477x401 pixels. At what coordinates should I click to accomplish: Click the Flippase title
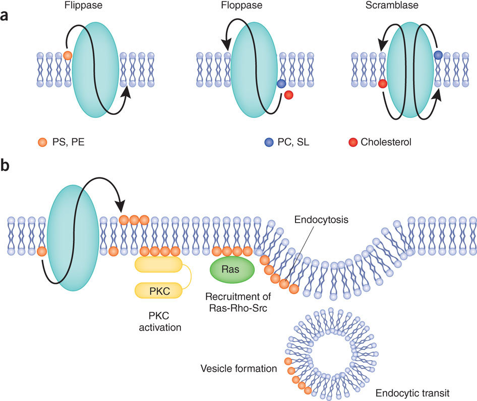tap(83, 5)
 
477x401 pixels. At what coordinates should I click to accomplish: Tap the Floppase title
tap(242, 5)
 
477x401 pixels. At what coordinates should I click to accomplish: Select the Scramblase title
tap(392, 5)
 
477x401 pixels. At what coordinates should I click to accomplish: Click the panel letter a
tap(4, 16)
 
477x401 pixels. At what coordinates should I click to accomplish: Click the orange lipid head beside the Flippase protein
tap(68, 55)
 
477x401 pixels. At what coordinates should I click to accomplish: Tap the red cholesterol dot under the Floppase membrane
tap(289, 95)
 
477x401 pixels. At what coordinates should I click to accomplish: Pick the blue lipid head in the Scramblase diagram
tap(438, 55)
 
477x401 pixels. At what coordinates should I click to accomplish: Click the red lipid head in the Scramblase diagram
tap(382, 84)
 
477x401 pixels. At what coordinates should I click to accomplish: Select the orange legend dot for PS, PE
tap(42, 142)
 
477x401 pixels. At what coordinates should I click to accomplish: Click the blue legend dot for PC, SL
tap(269, 142)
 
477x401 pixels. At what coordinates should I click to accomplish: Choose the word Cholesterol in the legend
tap(386, 142)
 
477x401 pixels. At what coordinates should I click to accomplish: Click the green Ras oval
tap(232, 270)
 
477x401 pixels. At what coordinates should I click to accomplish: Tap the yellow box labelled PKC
tap(158, 290)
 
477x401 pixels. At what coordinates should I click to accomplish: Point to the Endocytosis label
tap(321, 220)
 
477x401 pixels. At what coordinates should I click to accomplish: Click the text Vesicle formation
tap(239, 368)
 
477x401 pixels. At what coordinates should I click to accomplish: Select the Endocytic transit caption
tap(412, 393)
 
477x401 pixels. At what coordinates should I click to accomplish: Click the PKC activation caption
tap(160, 321)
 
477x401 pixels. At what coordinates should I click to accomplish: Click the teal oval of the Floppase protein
tap(254, 70)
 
